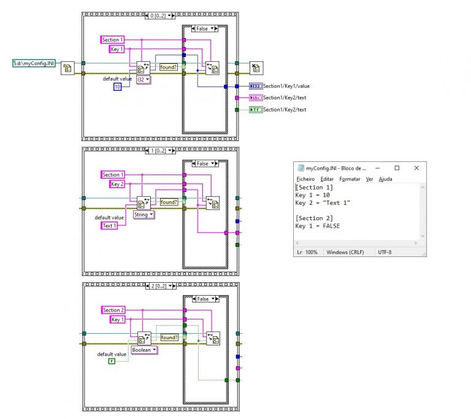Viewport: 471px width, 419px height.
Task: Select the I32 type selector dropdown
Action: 144,79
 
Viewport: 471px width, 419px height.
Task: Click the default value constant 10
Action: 118,87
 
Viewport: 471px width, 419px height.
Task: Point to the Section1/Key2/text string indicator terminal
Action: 255,98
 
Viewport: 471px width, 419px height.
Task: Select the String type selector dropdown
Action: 144,215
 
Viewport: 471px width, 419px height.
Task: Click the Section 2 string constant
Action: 113,310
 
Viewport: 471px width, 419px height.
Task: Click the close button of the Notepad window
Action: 416,167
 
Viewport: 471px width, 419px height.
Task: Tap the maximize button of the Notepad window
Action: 397,167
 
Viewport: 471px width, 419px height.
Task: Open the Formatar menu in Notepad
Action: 350,179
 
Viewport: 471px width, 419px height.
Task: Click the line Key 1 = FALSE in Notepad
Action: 317,226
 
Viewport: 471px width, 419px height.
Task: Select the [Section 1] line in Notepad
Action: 314,187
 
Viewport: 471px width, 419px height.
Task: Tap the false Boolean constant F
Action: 112,361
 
